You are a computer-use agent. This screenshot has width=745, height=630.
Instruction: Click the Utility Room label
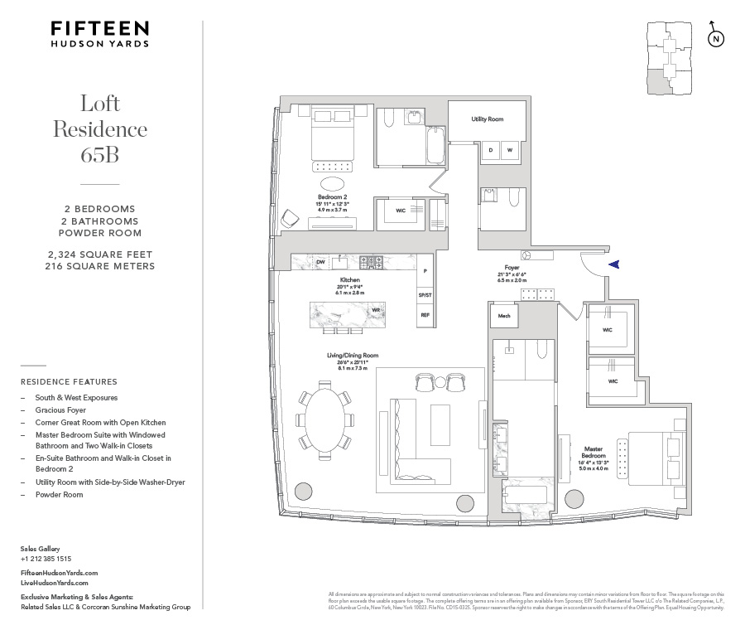click(488, 119)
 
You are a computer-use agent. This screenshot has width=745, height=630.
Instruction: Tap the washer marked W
click(510, 150)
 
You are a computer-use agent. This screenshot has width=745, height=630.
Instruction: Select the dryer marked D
click(491, 150)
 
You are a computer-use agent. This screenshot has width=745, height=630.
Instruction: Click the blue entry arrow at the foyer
click(613, 264)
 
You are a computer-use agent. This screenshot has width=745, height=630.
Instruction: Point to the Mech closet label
click(503, 316)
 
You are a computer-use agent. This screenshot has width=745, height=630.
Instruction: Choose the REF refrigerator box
click(425, 315)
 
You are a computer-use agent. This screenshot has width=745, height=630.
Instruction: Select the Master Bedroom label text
click(593, 453)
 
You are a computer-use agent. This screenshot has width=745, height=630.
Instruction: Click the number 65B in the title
click(100, 155)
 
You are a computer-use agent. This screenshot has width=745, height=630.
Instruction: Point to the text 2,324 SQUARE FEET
click(99, 254)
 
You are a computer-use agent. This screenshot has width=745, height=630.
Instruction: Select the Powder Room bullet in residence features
click(59, 494)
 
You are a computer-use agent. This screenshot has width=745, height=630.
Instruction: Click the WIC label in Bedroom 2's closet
click(401, 211)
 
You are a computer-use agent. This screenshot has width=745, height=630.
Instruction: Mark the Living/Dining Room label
click(352, 356)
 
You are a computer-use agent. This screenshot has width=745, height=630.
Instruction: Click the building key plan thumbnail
click(671, 59)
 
